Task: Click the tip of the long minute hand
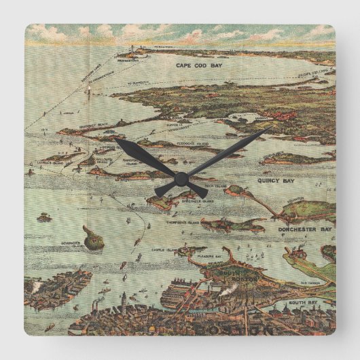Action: pos(270,128)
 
